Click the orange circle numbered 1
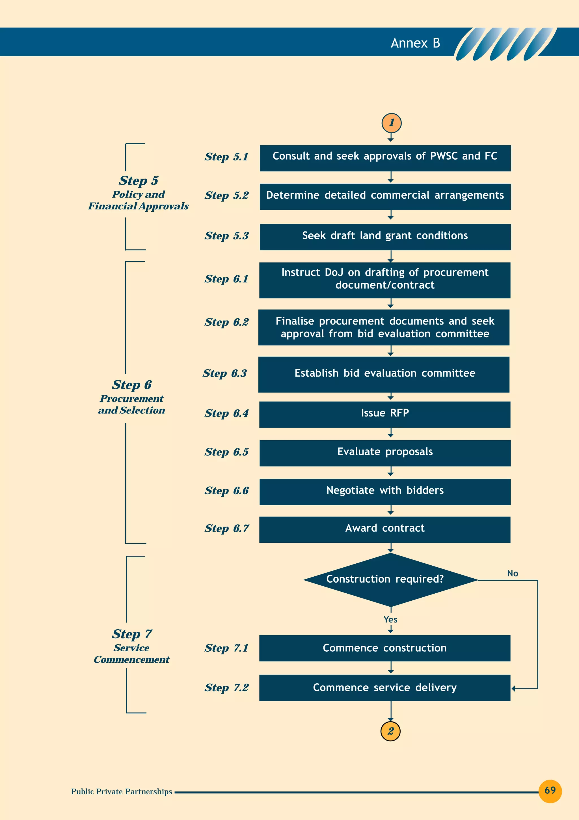point(391,123)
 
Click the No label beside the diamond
point(512,573)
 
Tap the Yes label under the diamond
point(390,619)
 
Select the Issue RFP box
point(384,414)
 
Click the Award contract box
point(384,529)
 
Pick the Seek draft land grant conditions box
point(385,237)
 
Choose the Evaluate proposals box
point(385,453)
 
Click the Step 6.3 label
point(225,373)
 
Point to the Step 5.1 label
point(226,157)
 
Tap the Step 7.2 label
point(226,688)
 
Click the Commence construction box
point(384,648)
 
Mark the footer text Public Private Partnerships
point(121,791)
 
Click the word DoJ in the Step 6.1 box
point(334,272)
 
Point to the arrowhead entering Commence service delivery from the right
point(513,688)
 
